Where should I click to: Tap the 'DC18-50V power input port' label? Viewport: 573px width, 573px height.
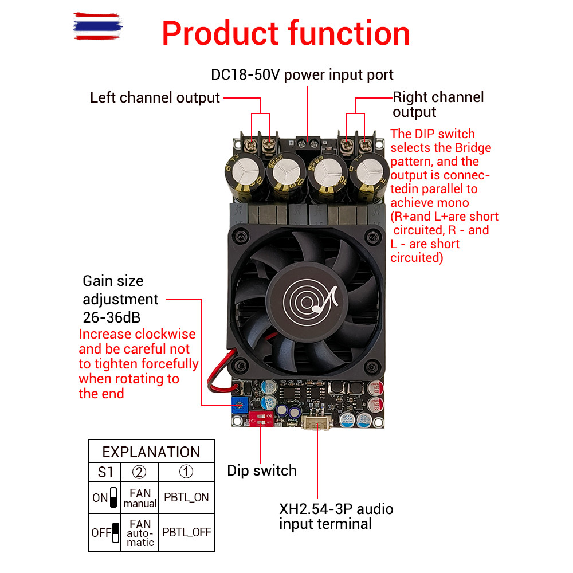pos(302,75)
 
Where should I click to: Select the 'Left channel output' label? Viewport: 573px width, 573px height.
pos(155,97)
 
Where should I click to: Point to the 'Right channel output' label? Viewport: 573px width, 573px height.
pos(438,104)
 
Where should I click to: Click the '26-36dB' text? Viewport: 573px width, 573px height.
pos(112,317)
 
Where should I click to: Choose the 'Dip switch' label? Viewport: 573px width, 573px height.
pos(262,471)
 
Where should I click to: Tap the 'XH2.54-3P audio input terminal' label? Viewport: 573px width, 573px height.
pos(336,516)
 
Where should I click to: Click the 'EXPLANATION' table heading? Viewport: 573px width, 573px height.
pos(151,452)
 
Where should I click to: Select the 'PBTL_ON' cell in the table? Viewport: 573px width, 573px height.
pos(186,497)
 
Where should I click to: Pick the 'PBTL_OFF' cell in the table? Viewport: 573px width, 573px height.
pos(186,532)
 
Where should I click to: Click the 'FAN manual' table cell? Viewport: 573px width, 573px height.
pos(140,497)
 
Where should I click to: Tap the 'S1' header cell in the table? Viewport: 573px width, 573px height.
pos(105,472)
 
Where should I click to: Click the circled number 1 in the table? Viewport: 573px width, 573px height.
pos(186,472)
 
